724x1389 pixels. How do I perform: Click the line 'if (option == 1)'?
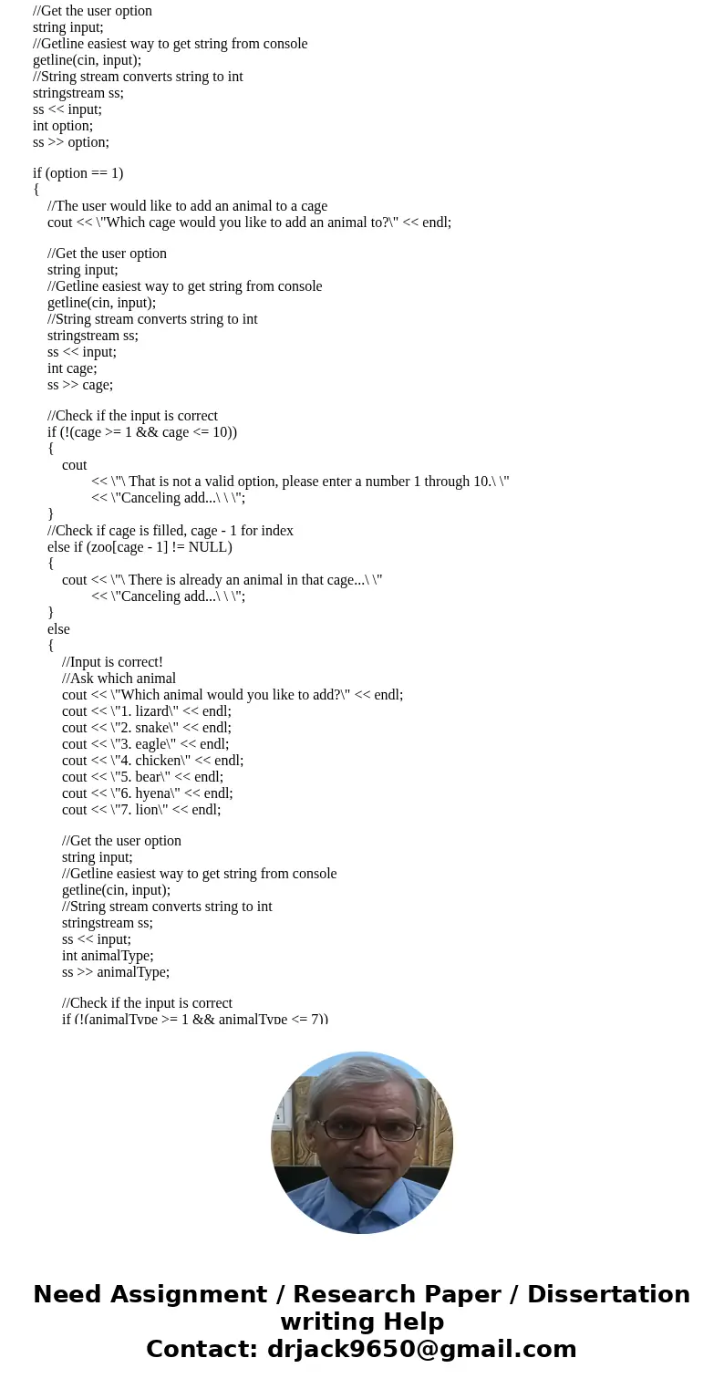(78, 173)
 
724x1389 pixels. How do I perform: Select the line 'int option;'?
(63, 126)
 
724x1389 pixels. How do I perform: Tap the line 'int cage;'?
(72, 368)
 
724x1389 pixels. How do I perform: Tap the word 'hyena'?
(153, 793)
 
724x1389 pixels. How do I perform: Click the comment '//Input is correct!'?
(112, 662)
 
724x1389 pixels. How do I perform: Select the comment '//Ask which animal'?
(119, 679)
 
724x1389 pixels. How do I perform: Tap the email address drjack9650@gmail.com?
(421, 1349)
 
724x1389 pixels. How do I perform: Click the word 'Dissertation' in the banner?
(608, 1294)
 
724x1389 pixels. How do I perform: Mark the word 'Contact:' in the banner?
(202, 1349)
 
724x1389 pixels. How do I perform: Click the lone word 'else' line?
(58, 629)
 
